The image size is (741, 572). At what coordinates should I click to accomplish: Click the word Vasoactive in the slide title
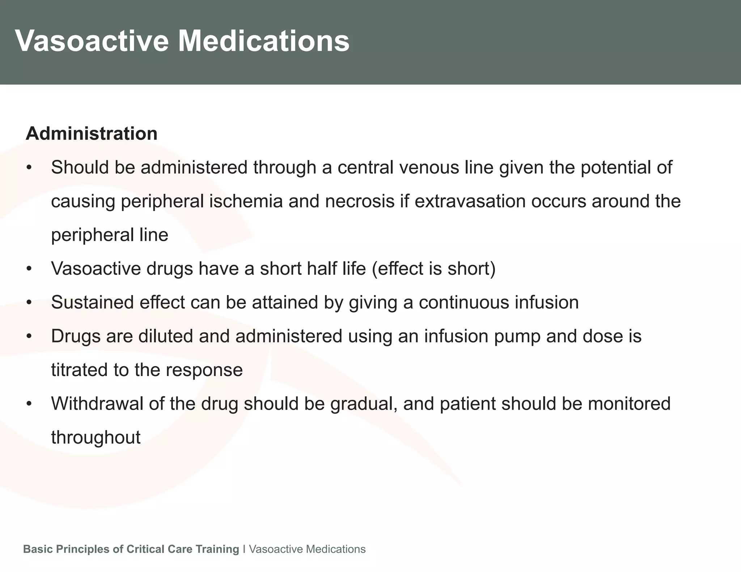coord(92,41)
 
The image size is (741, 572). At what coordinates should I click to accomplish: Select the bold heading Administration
coord(92,133)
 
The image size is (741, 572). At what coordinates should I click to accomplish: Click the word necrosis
coord(360,201)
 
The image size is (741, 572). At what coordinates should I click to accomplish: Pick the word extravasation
coord(470,201)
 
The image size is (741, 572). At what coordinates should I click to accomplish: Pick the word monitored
coord(629,404)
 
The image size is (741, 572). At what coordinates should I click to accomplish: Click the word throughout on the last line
coord(96,437)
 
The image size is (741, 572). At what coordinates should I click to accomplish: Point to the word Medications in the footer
coord(335,549)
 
